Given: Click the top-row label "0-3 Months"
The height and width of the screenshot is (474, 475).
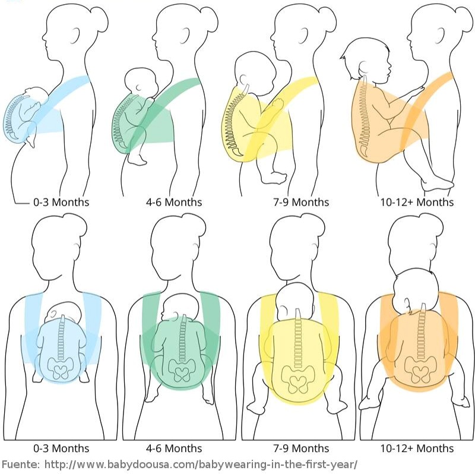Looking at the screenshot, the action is (61, 202).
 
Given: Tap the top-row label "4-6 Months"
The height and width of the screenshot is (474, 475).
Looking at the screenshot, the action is (174, 202).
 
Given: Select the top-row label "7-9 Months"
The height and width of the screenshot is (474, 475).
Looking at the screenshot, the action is (300, 202).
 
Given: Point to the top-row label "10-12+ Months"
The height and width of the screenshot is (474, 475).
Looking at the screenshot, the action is (417, 202).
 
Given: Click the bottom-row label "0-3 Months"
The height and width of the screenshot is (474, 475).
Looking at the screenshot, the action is (61, 448).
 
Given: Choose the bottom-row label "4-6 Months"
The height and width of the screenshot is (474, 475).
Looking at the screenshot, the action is (174, 448).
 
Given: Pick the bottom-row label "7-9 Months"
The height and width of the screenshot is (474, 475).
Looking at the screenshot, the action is (300, 448).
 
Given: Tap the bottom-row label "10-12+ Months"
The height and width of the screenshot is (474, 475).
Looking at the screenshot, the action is (417, 448).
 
